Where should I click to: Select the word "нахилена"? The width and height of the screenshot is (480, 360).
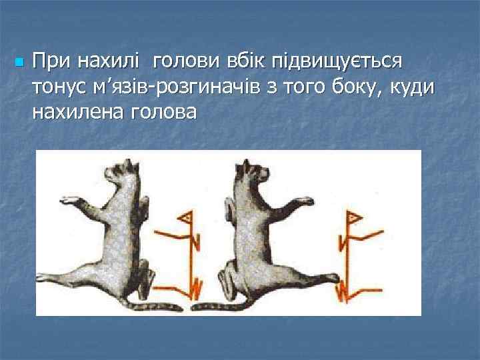tap(74, 111)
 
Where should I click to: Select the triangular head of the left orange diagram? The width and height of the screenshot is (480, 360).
tap(187, 218)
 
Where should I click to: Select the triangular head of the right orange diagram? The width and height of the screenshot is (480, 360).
tap(351, 217)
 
